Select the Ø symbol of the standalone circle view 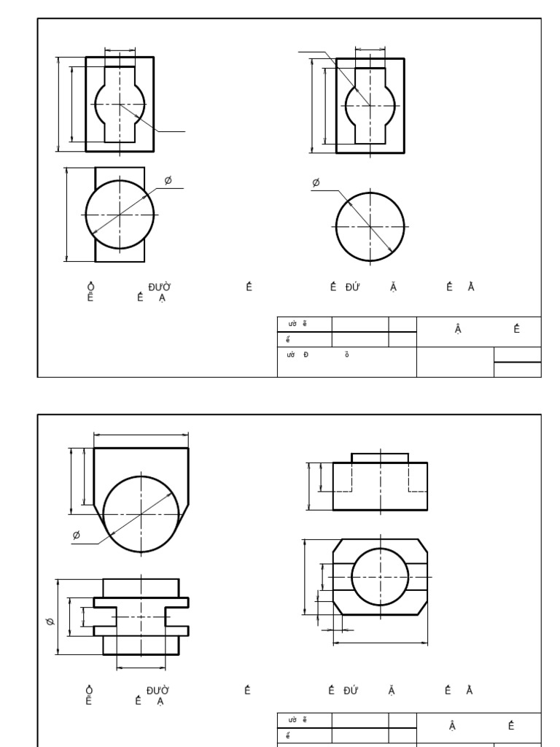316,182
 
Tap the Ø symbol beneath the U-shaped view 77,536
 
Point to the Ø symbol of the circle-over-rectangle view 168,180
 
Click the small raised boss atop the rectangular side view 380,457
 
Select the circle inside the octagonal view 380,576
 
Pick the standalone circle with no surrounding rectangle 370,226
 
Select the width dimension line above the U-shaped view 141,435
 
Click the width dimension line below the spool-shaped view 141,666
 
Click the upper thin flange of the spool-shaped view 141,602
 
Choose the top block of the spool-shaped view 141,587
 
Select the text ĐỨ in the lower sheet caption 351,690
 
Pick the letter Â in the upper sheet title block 458,329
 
